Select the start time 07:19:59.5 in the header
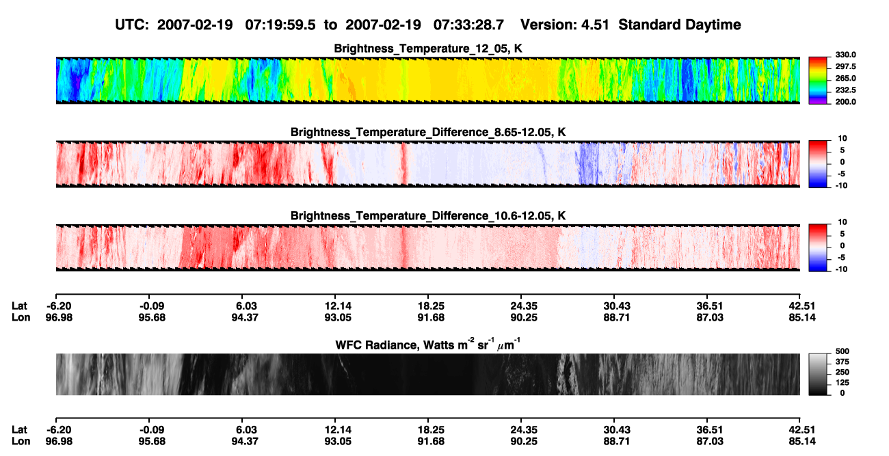280,25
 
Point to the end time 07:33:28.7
468,25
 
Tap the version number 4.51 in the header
595,25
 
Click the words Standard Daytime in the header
680,25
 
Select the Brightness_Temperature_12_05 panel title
428,49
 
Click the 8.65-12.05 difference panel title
428,132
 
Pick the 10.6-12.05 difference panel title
428,215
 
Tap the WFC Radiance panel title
428,345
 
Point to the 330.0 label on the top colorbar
845,55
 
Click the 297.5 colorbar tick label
845,66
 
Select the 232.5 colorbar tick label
845,90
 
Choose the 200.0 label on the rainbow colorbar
845,102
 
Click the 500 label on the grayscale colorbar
842,351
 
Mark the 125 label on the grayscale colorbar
842,383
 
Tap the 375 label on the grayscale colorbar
842,362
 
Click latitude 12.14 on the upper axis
338,306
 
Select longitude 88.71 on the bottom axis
616,442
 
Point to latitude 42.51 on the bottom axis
802,429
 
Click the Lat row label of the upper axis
19,306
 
